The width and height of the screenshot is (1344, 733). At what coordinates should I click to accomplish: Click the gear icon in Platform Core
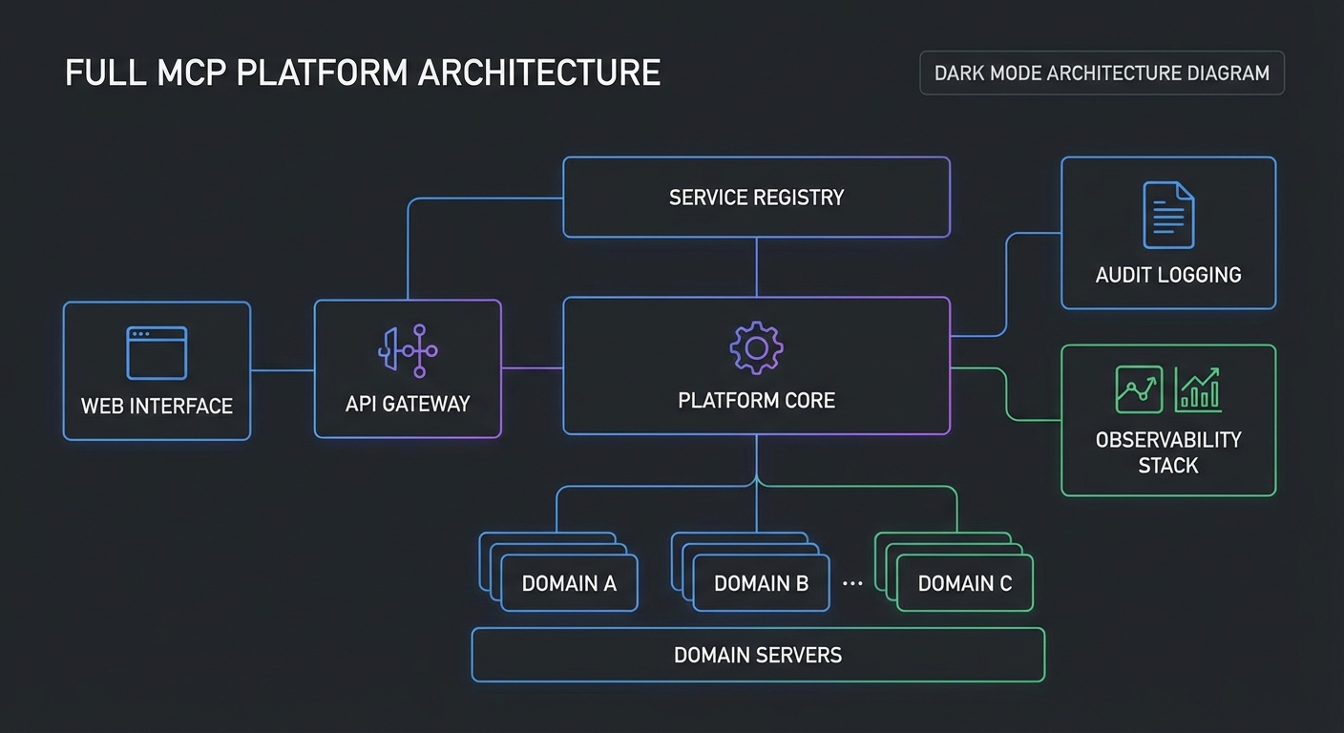pyautogui.click(x=756, y=347)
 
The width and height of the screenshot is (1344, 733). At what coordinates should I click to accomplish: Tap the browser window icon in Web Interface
pyautogui.click(x=157, y=353)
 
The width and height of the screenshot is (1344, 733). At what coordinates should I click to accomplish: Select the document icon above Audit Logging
pyautogui.click(x=1168, y=216)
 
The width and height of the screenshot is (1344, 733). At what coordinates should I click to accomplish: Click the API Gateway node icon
pyautogui.click(x=409, y=350)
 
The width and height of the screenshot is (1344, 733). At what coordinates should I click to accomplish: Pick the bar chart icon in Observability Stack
pyautogui.click(x=1198, y=389)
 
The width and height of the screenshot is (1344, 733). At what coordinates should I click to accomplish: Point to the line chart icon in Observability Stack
pyautogui.click(x=1139, y=389)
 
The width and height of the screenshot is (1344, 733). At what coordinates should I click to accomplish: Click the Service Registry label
pyautogui.click(x=756, y=198)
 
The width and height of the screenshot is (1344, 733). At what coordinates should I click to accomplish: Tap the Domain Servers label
pyautogui.click(x=758, y=655)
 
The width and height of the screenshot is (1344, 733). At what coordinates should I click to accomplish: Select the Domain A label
pyautogui.click(x=569, y=583)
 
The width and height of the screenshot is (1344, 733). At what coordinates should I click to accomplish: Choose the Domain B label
pyautogui.click(x=761, y=583)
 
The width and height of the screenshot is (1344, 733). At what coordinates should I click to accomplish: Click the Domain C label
pyautogui.click(x=964, y=583)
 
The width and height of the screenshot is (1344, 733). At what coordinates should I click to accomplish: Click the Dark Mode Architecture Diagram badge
pyautogui.click(x=1102, y=73)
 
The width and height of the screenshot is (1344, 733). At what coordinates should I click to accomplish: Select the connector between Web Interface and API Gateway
pyautogui.click(x=283, y=370)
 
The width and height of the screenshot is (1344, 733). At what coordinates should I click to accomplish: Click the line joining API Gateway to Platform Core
pyautogui.click(x=532, y=367)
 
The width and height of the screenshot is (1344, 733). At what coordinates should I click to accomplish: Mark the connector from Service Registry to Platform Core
pyautogui.click(x=757, y=267)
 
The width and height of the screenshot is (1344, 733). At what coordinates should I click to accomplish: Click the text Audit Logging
pyautogui.click(x=1168, y=275)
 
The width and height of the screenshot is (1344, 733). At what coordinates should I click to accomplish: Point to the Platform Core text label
pyautogui.click(x=756, y=400)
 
